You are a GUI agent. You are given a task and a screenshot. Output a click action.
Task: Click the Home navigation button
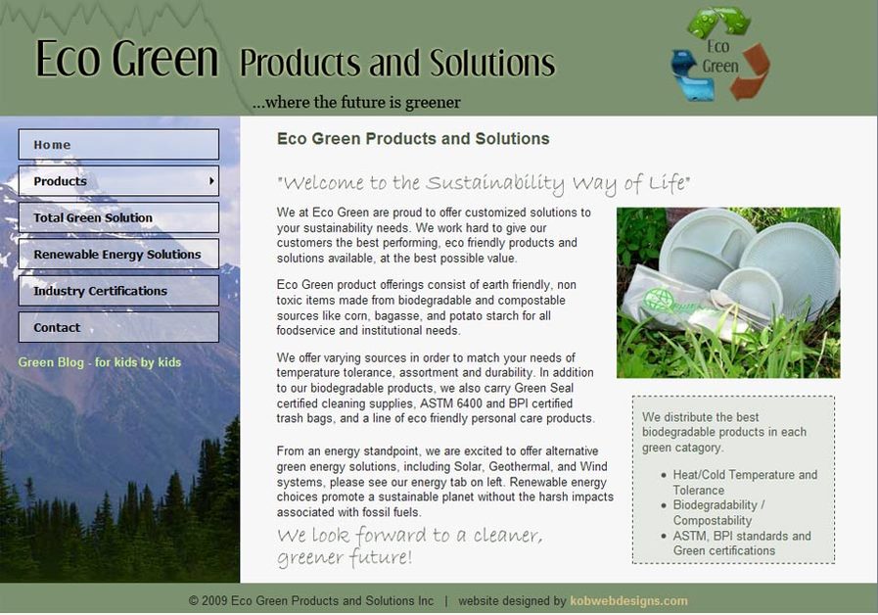117,145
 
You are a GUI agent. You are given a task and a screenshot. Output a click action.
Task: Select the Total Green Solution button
117,217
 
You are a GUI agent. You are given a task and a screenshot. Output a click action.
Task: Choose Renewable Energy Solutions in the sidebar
117,255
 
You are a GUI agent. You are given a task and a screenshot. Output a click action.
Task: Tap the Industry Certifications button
117,291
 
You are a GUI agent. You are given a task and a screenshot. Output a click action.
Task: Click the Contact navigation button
117,327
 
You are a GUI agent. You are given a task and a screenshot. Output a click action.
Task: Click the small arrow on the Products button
211,181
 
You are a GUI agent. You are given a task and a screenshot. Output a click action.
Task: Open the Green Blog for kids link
100,362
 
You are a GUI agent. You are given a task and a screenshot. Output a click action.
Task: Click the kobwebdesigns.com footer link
628,601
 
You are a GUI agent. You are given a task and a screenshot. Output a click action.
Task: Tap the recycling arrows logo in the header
720,54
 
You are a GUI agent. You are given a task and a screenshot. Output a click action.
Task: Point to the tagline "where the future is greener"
356,102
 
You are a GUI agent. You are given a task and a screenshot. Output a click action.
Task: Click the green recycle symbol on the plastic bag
663,300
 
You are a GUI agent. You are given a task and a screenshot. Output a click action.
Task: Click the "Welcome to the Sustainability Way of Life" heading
484,183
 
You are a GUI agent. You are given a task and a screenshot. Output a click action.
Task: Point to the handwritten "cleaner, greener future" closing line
409,546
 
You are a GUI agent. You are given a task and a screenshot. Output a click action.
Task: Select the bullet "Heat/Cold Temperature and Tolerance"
744,482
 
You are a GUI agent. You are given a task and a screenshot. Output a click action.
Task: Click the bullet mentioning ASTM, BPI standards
741,544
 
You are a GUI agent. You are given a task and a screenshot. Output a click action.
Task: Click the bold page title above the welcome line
413,139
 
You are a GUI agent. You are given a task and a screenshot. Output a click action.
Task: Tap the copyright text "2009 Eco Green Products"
311,601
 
